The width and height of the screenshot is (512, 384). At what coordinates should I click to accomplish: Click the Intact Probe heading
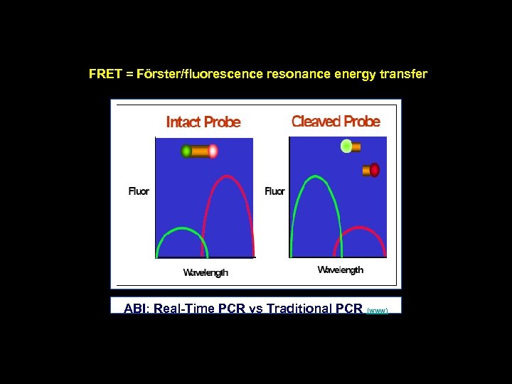pyautogui.click(x=203, y=122)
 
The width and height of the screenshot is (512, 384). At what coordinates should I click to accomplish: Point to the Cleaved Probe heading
pyautogui.click(x=336, y=122)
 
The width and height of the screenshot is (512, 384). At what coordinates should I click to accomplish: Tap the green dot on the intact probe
pyautogui.click(x=186, y=151)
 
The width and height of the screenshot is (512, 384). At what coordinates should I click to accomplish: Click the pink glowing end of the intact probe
pyautogui.click(x=213, y=151)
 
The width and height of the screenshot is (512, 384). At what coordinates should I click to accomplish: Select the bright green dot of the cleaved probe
pyautogui.click(x=346, y=146)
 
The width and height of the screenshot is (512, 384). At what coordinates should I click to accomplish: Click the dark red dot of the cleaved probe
pyautogui.click(x=375, y=170)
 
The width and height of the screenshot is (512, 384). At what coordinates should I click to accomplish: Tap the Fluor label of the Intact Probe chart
pyautogui.click(x=139, y=191)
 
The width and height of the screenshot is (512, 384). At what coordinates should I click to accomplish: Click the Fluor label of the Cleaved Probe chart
pyautogui.click(x=274, y=191)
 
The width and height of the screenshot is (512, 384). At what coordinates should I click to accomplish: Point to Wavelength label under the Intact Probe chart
pyautogui.click(x=206, y=272)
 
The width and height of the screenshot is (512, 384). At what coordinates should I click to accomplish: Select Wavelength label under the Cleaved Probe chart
pyautogui.click(x=340, y=270)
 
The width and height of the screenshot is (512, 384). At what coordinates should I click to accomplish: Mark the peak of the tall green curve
pyautogui.click(x=311, y=177)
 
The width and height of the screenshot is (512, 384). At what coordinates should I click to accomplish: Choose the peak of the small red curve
pyautogui.click(x=361, y=228)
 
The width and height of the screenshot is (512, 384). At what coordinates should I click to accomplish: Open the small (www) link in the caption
pyautogui.click(x=378, y=311)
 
